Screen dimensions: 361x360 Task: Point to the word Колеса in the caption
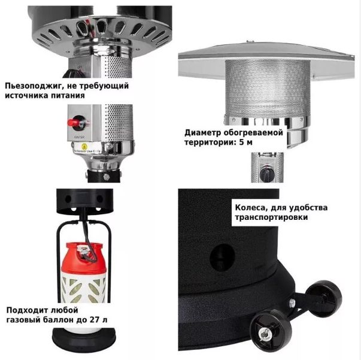pyautogui.click(x=250, y=208)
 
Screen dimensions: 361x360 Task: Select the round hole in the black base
pyautogui.click(x=222, y=258)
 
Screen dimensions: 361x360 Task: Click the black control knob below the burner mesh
pyautogui.click(x=266, y=173)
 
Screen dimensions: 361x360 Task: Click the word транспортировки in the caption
pyautogui.click(x=271, y=217)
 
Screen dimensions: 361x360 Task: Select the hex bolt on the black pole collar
pyautogui.click(x=107, y=177)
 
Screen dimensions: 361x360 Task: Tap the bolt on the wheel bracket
pyautogui.click(x=292, y=302)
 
